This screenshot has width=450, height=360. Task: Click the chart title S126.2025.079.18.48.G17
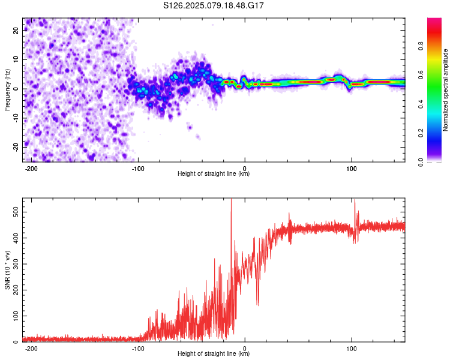click(x=213, y=5)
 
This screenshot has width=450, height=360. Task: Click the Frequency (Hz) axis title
click(x=7, y=90)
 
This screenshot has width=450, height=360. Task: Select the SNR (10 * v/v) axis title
click(x=7, y=270)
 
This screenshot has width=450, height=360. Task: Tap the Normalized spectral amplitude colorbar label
click(x=445, y=90)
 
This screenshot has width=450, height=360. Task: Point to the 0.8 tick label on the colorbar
click(x=421, y=46)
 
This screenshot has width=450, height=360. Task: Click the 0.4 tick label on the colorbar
click(x=421, y=104)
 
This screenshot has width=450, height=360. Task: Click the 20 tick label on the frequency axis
click(x=16, y=30)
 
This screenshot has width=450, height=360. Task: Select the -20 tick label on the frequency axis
click(x=16, y=147)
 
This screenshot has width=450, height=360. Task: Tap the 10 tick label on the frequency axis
click(x=16, y=59)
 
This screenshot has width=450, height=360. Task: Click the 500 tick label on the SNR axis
click(x=16, y=212)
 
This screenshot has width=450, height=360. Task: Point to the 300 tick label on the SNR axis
click(x=16, y=264)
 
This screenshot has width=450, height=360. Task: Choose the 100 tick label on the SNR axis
click(x=16, y=316)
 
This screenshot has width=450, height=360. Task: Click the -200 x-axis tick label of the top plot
click(x=31, y=169)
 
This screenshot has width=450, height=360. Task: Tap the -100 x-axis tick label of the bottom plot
click(x=138, y=349)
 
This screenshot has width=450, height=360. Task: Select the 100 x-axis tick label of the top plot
click(x=351, y=169)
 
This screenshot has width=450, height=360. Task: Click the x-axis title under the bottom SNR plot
click(x=214, y=353)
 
